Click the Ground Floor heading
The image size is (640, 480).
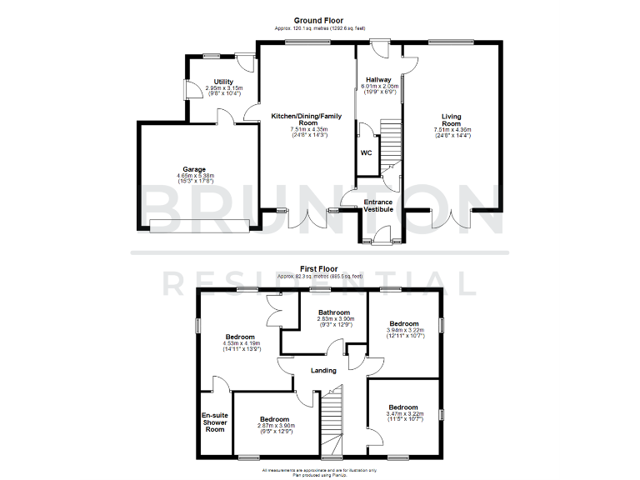click(x=319, y=20)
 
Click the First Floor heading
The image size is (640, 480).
click(x=319, y=269)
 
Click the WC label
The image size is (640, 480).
click(x=366, y=153)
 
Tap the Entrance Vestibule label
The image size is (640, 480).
click(x=378, y=205)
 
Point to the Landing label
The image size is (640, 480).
click(x=323, y=371)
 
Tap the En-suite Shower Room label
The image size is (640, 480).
click(x=214, y=422)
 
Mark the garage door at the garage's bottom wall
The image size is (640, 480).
click(x=199, y=223)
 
